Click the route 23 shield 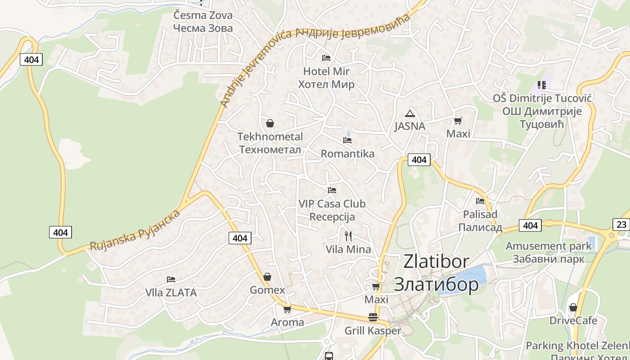click(x=621, y=225)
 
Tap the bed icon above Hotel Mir click(x=326, y=58)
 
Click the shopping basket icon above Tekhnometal click(x=270, y=123)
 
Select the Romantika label click(x=347, y=154)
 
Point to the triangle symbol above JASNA click(x=409, y=113)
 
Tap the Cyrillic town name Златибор click(x=436, y=284)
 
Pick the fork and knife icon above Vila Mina click(x=348, y=236)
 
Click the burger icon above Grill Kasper click(x=373, y=317)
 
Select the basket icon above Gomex click(x=267, y=277)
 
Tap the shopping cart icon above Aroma click(x=287, y=309)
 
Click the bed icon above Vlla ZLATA click(x=171, y=279)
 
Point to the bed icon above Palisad click(x=480, y=201)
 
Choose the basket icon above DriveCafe click(x=573, y=307)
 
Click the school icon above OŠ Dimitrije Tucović click(x=542, y=85)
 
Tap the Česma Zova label click(x=203, y=15)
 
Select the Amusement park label click(x=549, y=246)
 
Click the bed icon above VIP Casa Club click(x=332, y=190)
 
